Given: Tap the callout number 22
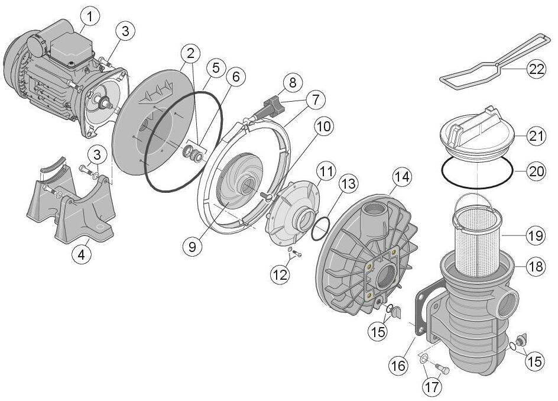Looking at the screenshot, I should point(536,69).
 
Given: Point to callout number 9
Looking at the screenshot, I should point(193,247).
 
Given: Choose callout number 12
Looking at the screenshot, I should point(280,275).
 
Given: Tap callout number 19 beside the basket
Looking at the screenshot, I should point(536,235).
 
